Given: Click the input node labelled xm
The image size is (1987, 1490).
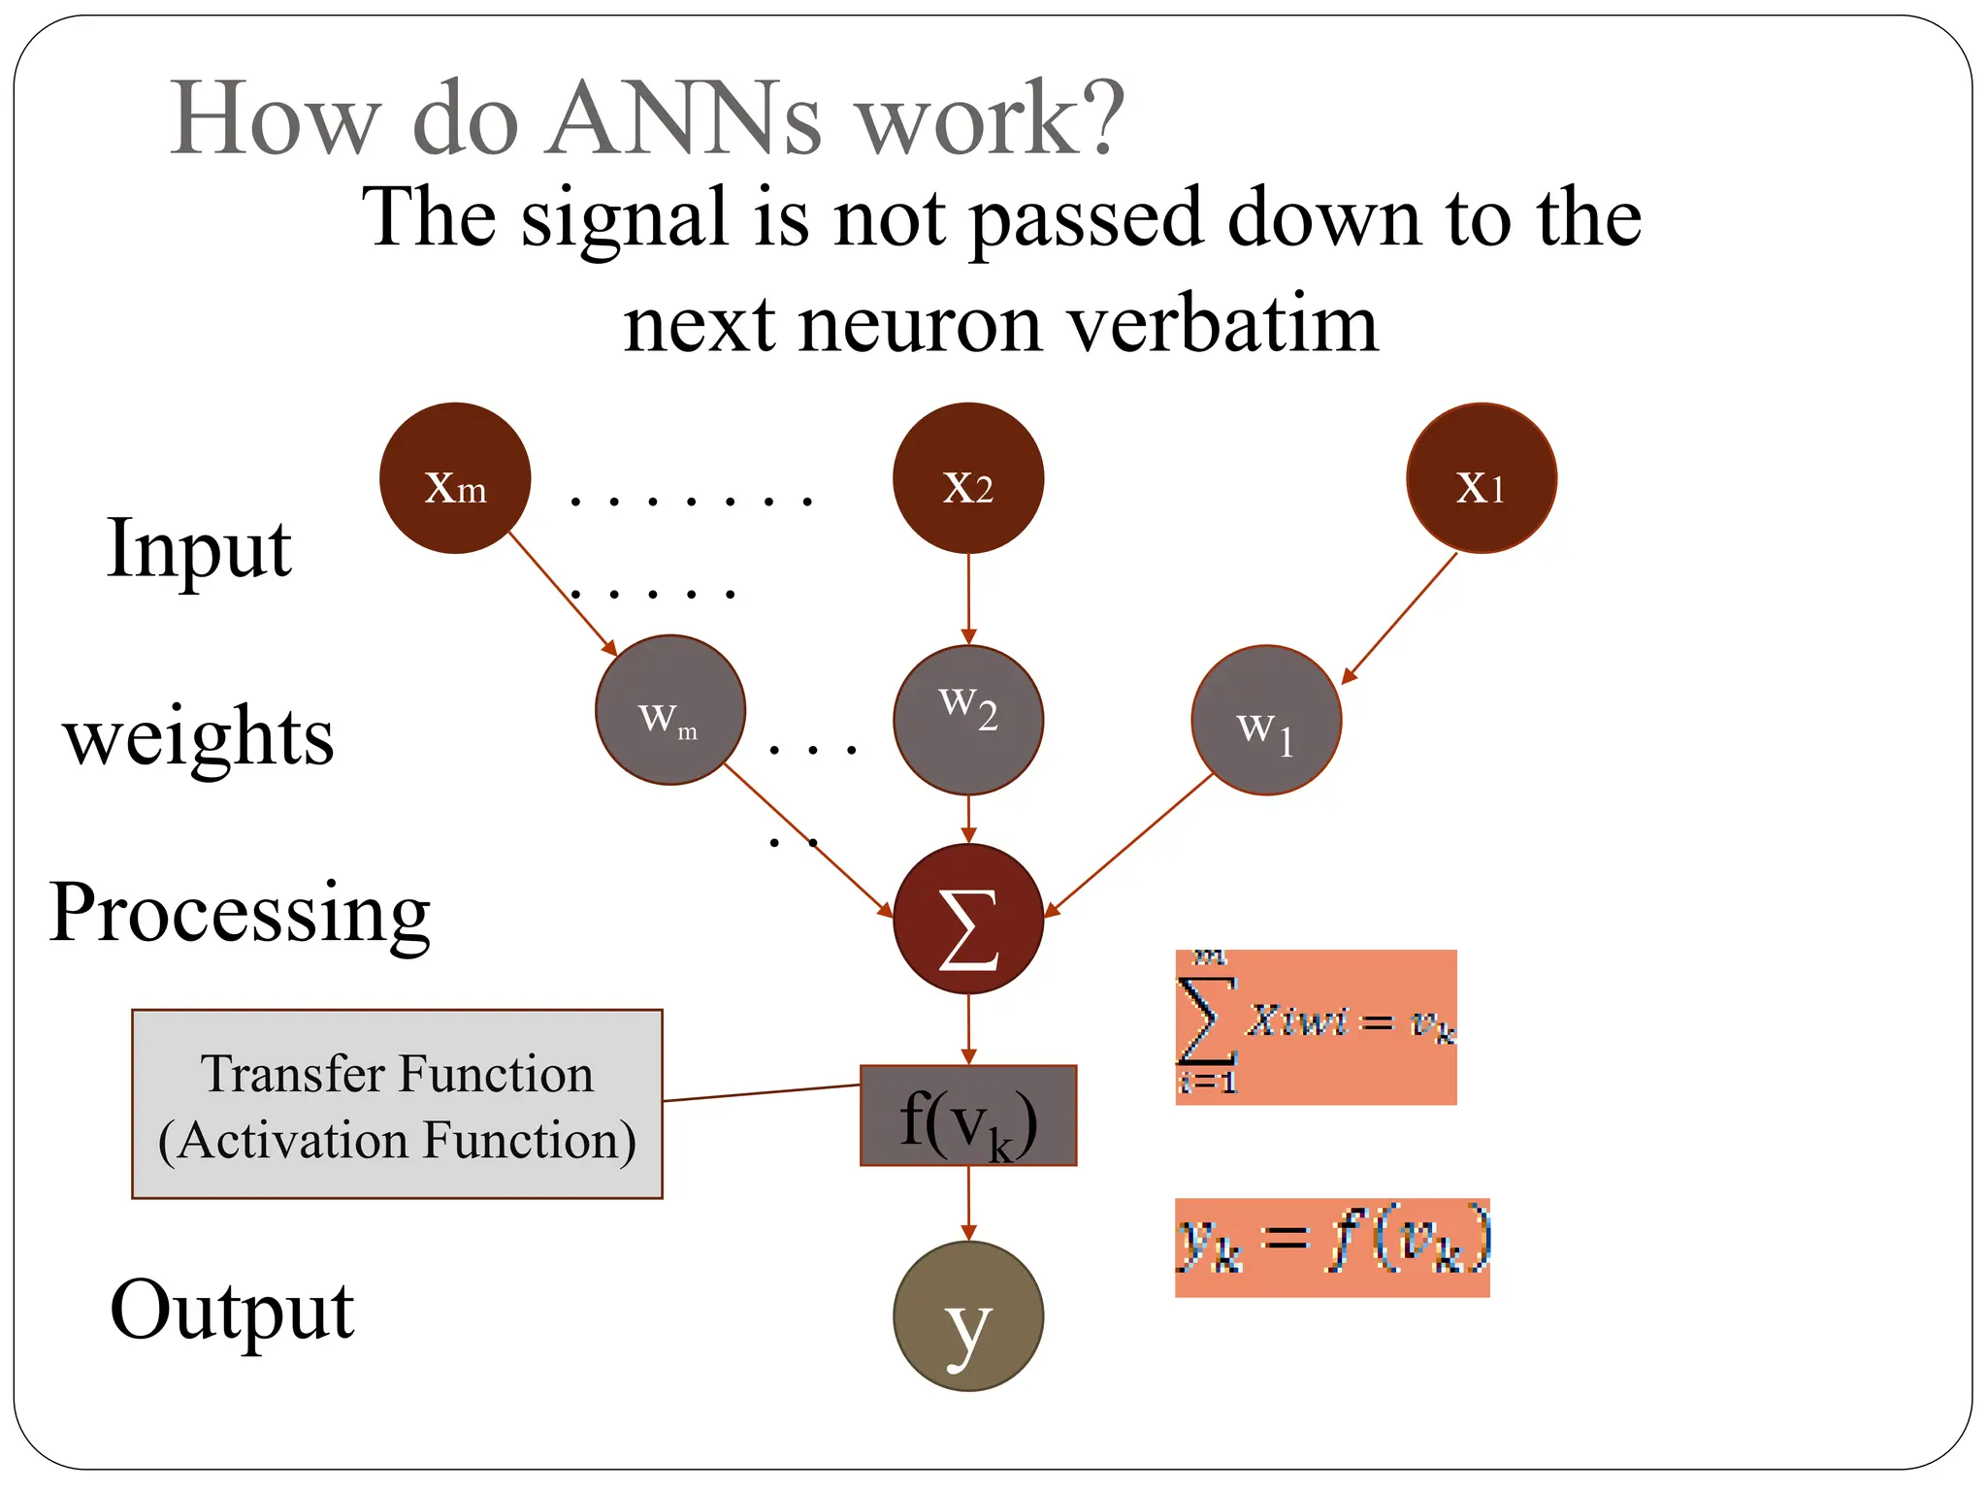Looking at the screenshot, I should pyautogui.click(x=455, y=478).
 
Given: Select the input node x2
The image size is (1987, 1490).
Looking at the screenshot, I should pyautogui.click(x=968, y=478).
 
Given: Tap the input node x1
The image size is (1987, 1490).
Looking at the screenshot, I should pyautogui.click(x=1482, y=478).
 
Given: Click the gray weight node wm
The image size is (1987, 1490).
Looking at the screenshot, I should pyautogui.click(x=670, y=710).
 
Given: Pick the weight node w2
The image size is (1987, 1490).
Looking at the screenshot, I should pyautogui.click(x=968, y=720).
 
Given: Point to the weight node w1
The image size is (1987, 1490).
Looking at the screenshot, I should pyautogui.click(x=1266, y=720).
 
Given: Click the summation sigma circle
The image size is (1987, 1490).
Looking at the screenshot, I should pyautogui.click(x=968, y=919).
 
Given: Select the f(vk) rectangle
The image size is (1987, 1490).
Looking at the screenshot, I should pyautogui.click(x=968, y=1116).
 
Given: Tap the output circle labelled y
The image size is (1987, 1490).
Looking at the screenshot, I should pyautogui.click(x=968, y=1316).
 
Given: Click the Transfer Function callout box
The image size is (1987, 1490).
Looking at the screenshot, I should pyautogui.click(x=397, y=1104).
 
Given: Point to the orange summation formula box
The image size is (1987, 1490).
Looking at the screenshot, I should pyautogui.click(x=1316, y=1026).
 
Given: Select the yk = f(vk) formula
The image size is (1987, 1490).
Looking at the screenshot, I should pyautogui.click(x=1332, y=1247).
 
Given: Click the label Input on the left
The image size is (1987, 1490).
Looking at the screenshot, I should pyautogui.click(x=199, y=549).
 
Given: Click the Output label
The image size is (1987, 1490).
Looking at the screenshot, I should pyautogui.click(x=232, y=1310).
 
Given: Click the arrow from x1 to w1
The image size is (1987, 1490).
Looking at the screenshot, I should pyautogui.click(x=1400, y=618).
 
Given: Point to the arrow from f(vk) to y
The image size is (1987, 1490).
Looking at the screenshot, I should pyautogui.click(x=968, y=1203).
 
